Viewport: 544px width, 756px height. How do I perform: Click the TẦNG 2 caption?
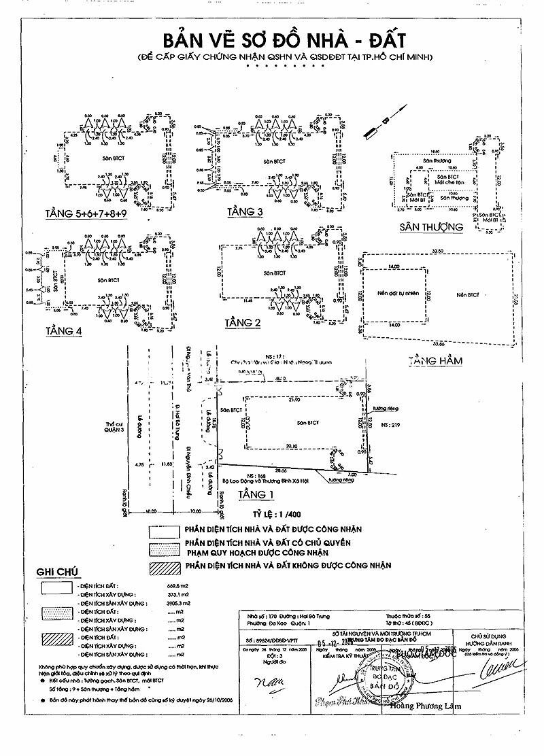tap(243, 323)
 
